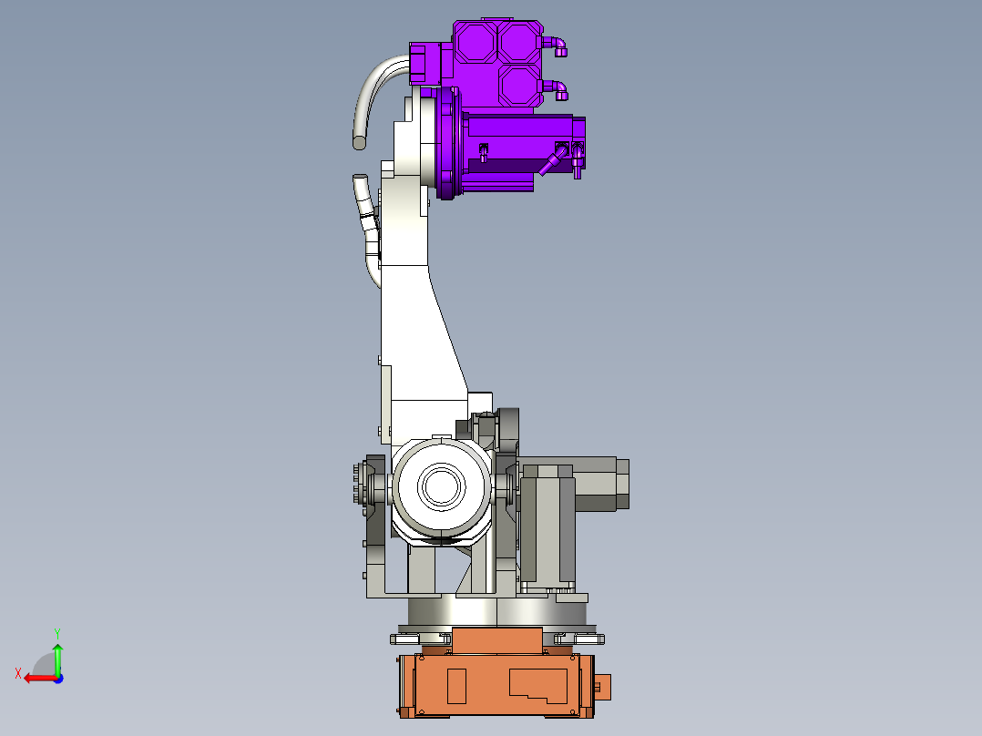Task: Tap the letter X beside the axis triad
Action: [18, 673]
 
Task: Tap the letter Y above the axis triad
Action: [56, 632]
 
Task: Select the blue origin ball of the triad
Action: [57, 678]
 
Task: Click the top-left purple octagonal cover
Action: [475, 42]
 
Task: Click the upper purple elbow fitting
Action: [557, 44]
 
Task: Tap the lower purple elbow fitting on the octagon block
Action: [557, 89]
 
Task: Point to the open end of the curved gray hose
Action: [361, 142]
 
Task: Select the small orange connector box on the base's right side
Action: [603, 688]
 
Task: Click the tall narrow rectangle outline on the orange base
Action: [457, 686]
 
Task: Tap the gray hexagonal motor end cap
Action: [622, 484]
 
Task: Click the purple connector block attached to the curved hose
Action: [419, 63]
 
